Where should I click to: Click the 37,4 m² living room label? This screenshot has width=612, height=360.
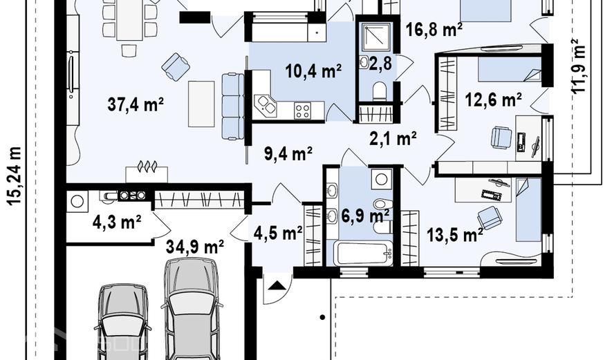click(136, 104)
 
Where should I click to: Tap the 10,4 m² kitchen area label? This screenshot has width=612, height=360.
click(313, 70)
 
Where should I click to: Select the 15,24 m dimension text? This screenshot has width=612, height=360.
click(15, 176)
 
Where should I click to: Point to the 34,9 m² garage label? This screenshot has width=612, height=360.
click(195, 247)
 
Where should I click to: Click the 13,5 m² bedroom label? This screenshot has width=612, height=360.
click(455, 235)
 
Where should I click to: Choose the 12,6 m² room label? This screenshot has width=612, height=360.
click(493, 100)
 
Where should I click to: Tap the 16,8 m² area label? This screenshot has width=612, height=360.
click(434, 29)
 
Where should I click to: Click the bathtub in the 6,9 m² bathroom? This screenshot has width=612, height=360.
click(363, 253)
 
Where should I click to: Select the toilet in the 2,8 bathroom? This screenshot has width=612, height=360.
click(379, 91)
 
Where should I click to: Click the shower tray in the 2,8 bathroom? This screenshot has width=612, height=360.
click(376, 37)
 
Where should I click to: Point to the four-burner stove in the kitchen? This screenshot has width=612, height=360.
click(302, 111)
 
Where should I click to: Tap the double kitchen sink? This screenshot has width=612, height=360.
click(266, 106)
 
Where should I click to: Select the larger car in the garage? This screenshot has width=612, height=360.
click(191, 308)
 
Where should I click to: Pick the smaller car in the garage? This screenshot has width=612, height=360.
click(123, 322)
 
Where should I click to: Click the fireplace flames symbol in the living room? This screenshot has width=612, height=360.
click(147, 167)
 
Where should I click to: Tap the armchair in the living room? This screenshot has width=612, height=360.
click(176, 67)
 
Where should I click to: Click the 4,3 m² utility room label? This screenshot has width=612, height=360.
click(117, 222)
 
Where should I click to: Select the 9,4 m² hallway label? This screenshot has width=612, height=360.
click(288, 153)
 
